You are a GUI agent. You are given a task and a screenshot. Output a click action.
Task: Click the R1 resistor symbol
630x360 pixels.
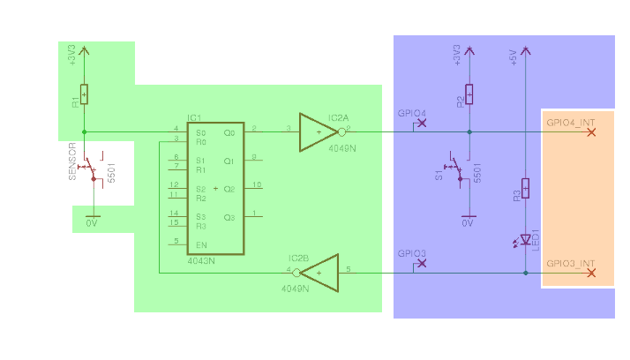[85, 94]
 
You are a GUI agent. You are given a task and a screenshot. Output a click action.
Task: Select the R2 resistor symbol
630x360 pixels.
[469, 94]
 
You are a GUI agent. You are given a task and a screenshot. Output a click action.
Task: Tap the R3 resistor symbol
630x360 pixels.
[526, 188]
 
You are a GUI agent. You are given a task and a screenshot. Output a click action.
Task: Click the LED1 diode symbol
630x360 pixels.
[526, 239]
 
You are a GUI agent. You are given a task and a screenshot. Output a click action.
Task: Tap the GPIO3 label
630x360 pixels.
[411, 253]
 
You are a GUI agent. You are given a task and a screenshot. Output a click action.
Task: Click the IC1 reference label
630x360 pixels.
[194, 117]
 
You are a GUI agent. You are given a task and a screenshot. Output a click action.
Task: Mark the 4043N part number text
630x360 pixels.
[201, 261]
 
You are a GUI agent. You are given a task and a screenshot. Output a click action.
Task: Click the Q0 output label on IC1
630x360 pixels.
[229, 132]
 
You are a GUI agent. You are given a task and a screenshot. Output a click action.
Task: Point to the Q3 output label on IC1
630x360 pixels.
[229, 217]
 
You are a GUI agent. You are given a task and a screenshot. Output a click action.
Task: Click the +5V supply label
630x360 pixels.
[514, 57]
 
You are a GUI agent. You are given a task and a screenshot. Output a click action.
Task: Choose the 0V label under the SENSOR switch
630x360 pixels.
[91, 224]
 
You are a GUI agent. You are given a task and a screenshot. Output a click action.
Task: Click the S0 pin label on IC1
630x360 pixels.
[200, 132]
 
